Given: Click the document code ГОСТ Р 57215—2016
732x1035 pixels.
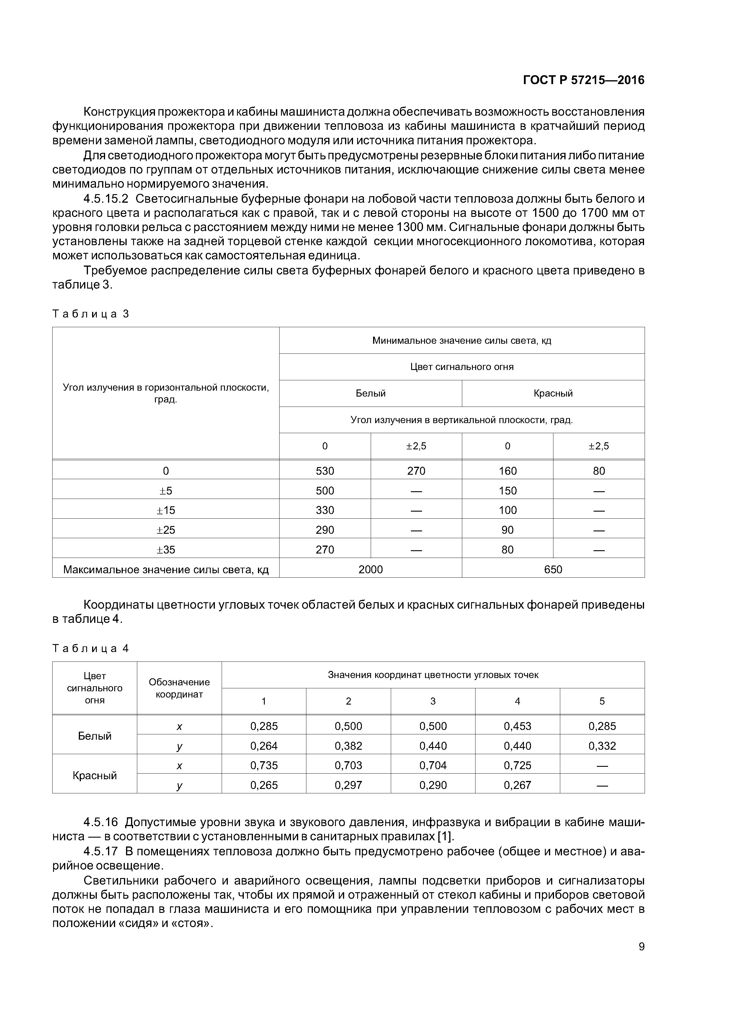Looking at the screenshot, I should pyautogui.click(x=584, y=80).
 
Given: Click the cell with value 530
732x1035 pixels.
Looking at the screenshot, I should pyautogui.click(x=325, y=471).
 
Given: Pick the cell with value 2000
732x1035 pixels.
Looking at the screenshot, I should pyautogui.click(x=370, y=569).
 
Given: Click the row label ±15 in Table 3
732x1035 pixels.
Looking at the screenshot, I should pyautogui.click(x=166, y=510).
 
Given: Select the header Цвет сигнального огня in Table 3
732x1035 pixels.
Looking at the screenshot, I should pyautogui.click(x=462, y=367).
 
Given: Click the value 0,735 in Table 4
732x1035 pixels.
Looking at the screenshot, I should pyautogui.click(x=264, y=765).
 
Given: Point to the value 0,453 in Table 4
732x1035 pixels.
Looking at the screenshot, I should pyautogui.click(x=517, y=726).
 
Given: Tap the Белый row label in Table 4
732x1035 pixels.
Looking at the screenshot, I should pyautogui.click(x=95, y=736).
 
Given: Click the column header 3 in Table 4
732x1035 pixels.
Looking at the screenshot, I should pyautogui.click(x=433, y=701).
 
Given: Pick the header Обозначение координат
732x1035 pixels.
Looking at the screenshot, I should pyautogui.click(x=179, y=688).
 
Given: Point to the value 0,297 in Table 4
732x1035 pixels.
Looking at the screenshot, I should pyautogui.click(x=348, y=785).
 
